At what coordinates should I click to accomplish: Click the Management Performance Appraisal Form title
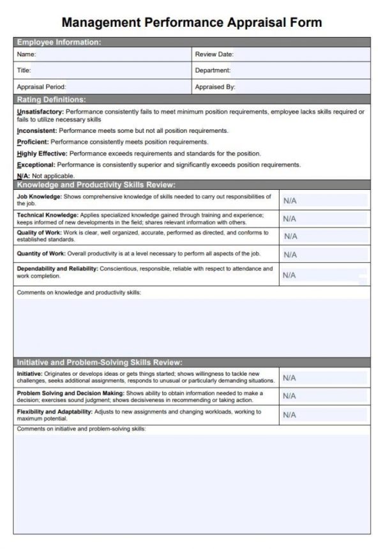coord(191,22)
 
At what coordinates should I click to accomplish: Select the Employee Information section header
coord(58,42)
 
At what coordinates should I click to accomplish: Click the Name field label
coord(26,54)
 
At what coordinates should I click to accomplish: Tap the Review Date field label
coord(214,54)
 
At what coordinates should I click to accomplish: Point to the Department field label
coord(213,70)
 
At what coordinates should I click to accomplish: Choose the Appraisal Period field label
coord(41,86)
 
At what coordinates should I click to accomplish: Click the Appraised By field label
coord(215,86)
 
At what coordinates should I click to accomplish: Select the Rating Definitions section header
coord(51,100)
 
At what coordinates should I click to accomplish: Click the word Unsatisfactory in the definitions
coord(40,111)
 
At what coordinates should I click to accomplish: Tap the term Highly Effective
coord(41,153)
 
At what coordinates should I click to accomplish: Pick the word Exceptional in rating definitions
coord(36,164)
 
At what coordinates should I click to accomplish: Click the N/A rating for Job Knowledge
coord(290,201)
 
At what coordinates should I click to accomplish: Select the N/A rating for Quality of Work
coord(290,236)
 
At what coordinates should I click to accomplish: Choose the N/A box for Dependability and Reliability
coord(290,275)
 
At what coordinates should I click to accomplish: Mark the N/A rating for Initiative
coord(290,378)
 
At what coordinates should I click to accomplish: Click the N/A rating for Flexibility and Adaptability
coord(290,415)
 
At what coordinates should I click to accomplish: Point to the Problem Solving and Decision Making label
coord(70,393)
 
